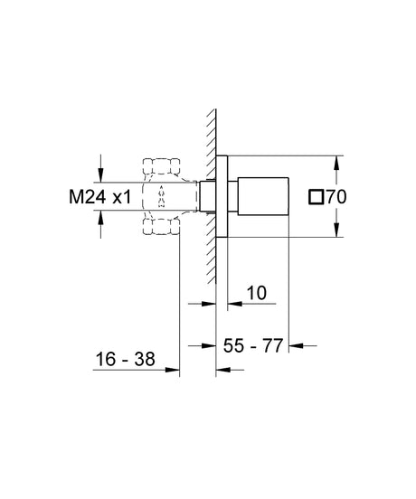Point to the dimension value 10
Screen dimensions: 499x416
point(256,293)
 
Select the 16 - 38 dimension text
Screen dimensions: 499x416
point(124,360)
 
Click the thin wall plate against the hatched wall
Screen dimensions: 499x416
point(221,195)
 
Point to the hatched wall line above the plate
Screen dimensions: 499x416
point(211,127)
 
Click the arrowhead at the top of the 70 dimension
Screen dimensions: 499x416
point(336,160)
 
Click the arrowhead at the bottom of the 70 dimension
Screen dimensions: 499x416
point(336,231)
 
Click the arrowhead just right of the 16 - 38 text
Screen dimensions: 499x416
point(174,368)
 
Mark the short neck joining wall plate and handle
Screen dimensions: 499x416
point(232,195)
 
